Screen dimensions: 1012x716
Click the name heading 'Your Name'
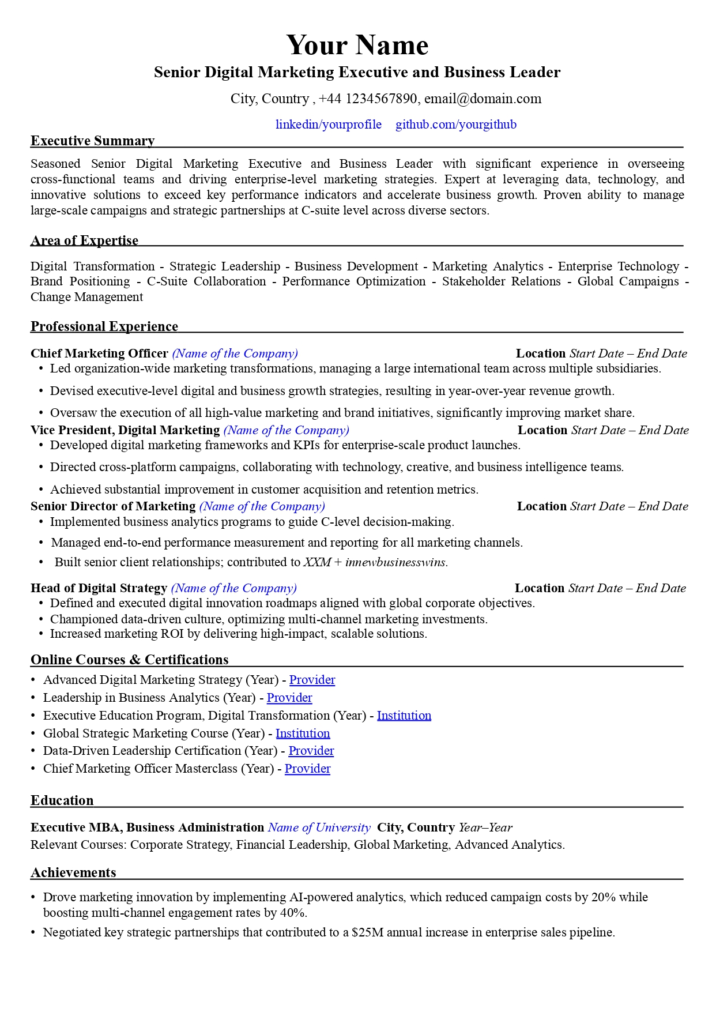pyautogui.click(x=357, y=45)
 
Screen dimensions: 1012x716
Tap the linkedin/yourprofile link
pyautogui.click(x=328, y=125)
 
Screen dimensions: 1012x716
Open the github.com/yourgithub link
pyautogui.click(x=455, y=125)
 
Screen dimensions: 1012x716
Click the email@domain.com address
pyautogui.click(x=483, y=99)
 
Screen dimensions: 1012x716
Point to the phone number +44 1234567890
pyautogui.click(x=367, y=99)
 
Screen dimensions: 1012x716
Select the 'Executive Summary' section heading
pyautogui.click(x=92, y=141)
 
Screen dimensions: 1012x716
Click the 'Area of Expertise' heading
pyautogui.click(x=84, y=240)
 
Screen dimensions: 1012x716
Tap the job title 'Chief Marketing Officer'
pyautogui.click(x=99, y=353)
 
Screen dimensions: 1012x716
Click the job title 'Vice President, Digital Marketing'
pyautogui.click(x=125, y=430)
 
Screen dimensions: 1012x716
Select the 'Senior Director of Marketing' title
pyautogui.click(x=113, y=506)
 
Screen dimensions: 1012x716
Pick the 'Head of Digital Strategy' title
pyautogui.click(x=99, y=588)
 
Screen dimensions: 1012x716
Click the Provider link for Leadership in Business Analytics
pyautogui.click(x=289, y=698)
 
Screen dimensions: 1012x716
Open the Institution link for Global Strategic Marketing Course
pyautogui.click(x=303, y=733)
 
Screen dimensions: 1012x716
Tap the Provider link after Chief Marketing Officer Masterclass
pyautogui.click(x=307, y=769)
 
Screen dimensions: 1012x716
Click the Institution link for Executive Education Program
pyautogui.click(x=404, y=716)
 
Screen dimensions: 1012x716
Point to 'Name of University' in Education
pyautogui.click(x=319, y=827)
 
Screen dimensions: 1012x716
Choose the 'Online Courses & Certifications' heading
pyautogui.click(x=129, y=660)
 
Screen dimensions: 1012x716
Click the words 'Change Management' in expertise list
pyautogui.click(x=86, y=297)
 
